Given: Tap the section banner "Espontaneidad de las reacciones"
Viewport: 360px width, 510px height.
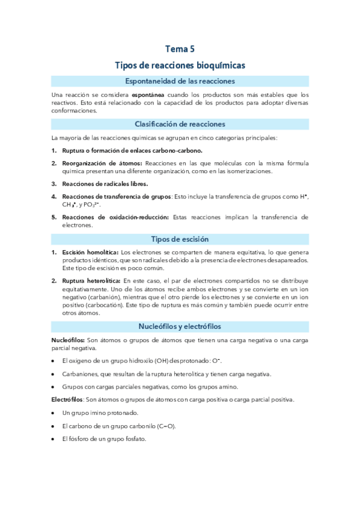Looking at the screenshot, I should [180, 81].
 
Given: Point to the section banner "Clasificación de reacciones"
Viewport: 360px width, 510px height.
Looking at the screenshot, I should [180, 124].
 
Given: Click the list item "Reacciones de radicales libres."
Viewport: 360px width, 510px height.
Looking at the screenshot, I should [104, 183].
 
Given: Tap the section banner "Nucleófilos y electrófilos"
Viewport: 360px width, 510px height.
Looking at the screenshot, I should [180, 326].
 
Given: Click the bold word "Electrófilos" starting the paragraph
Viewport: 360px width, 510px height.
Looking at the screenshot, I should [67, 399].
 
